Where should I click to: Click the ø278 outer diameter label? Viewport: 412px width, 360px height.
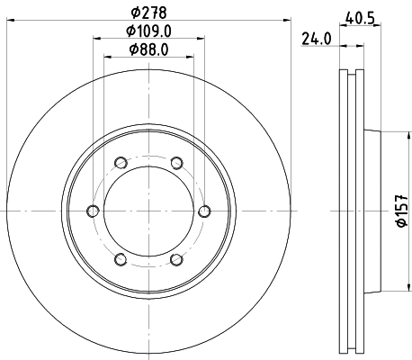[148, 12]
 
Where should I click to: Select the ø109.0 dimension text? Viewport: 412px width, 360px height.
[148, 31]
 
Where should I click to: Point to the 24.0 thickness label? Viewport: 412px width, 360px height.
[314, 39]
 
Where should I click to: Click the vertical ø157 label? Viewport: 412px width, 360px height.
[402, 211]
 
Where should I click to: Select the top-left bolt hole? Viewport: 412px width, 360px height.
[120, 163]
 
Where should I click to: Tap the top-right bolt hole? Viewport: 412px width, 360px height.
[176, 163]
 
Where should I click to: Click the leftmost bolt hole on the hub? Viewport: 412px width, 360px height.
[92, 211]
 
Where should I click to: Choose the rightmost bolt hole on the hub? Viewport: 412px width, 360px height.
[204, 211]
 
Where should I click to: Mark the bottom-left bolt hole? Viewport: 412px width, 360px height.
[120, 260]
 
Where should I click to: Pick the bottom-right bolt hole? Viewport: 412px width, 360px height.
[176, 260]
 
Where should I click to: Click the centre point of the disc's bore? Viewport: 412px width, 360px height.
[148, 211]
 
